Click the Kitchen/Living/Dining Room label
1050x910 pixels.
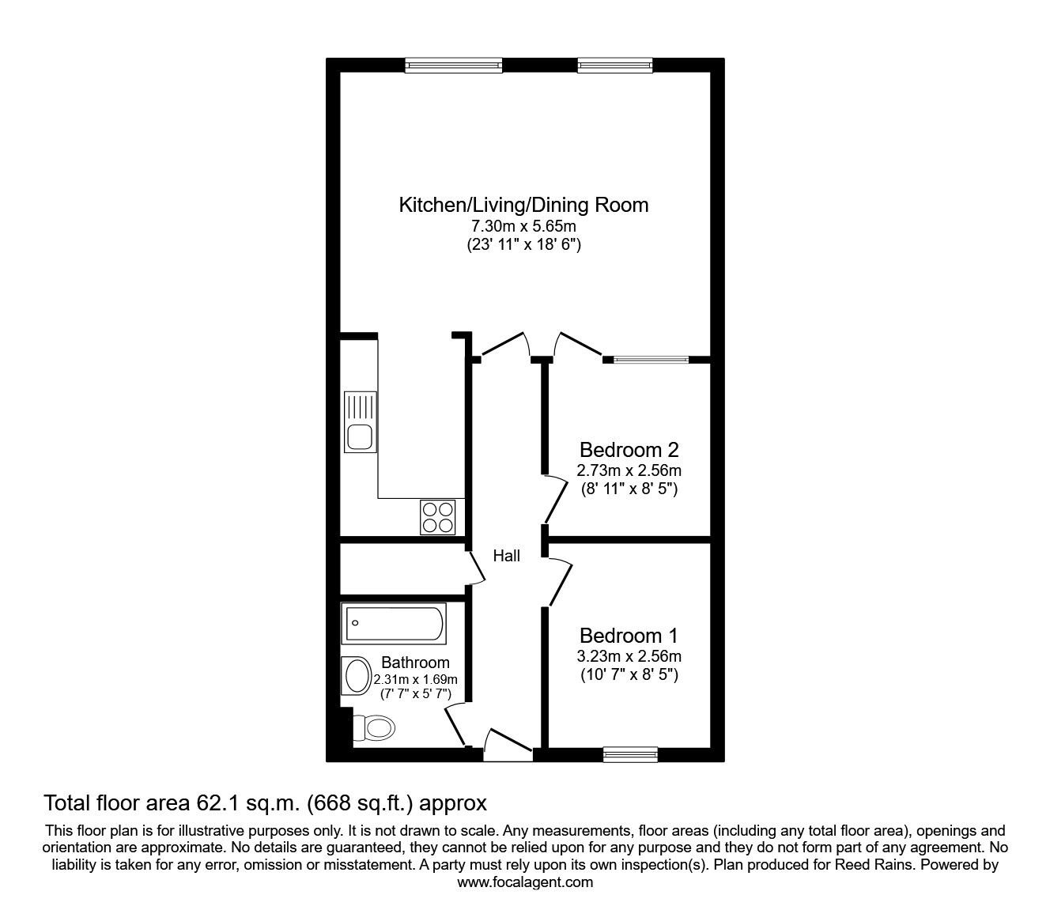(523, 205)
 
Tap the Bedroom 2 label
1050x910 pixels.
(629, 450)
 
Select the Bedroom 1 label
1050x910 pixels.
(629, 636)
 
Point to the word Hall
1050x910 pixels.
(507, 556)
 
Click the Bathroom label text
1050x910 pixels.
(416, 663)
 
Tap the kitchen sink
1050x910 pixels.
(361, 421)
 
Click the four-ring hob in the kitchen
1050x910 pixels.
(437, 517)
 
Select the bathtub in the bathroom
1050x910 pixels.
(394, 624)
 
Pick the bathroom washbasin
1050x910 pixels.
(357, 676)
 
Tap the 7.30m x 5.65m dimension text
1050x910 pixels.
(523, 225)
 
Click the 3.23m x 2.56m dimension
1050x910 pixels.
(629, 656)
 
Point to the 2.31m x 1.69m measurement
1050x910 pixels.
(416, 679)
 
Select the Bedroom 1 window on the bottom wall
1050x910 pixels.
(630, 754)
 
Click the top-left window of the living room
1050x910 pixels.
(454, 66)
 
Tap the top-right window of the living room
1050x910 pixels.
(615, 66)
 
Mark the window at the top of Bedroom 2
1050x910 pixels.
(652, 360)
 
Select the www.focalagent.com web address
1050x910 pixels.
(525, 882)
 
